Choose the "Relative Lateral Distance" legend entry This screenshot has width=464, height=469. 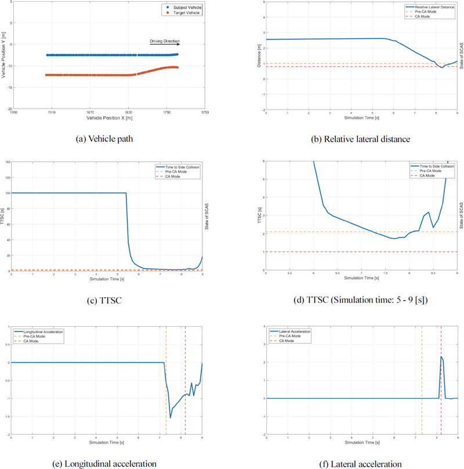click(x=430, y=7)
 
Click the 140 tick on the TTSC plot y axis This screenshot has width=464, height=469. click(x=7, y=162)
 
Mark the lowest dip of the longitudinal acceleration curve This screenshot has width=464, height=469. click(x=171, y=417)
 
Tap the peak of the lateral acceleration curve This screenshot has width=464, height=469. click(x=441, y=356)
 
